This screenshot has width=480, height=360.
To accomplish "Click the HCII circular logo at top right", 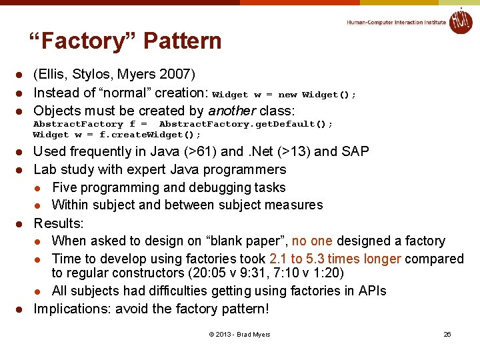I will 460,21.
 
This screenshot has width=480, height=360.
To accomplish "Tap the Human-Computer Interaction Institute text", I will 396,22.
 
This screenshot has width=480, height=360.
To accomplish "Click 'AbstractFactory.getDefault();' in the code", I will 245,124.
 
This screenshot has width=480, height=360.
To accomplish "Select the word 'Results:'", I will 59,223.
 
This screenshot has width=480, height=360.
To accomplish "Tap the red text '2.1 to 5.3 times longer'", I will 335,259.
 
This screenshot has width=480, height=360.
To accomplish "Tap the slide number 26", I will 447,334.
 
